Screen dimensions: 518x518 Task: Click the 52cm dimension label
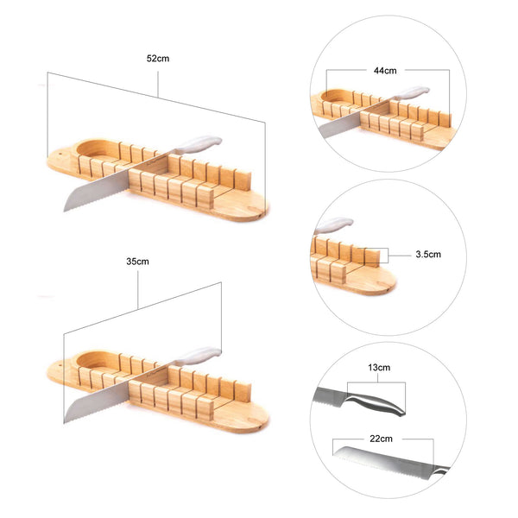pyautogui.click(x=159, y=59)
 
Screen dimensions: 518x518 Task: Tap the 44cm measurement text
pyautogui.click(x=385, y=69)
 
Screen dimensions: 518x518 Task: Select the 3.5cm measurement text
pyautogui.click(x=428, y=255)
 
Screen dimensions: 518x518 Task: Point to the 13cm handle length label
pyautogui.click(x=379, y=368)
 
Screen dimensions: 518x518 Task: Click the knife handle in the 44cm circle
pyautogui.click(x=412, y=92)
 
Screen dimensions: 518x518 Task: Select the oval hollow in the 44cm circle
pyautogui.click(x=335, y=102)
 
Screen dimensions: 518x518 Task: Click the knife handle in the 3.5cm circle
pyautogui.click(x=333, y=225)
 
